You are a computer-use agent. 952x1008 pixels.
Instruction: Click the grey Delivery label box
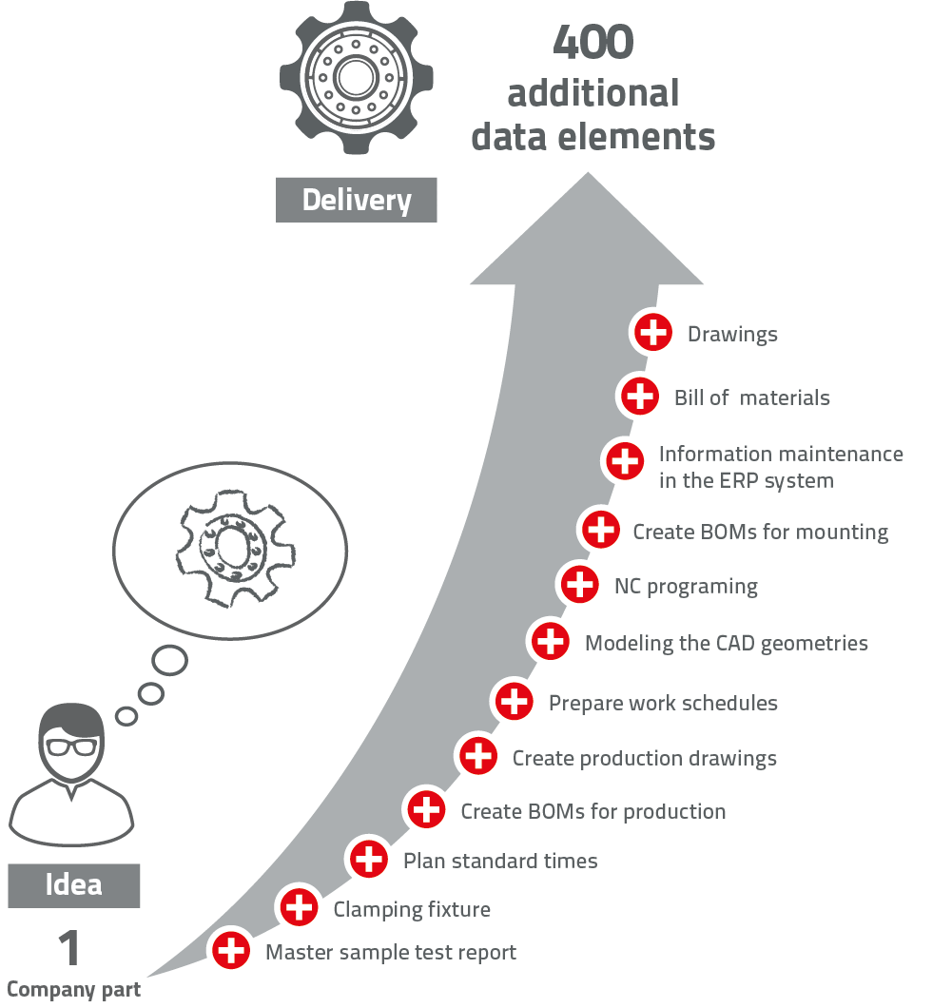click(x=357, y=200)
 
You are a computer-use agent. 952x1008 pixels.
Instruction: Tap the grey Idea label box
click(x=74, y=885)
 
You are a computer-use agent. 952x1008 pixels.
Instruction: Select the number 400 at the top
click(x=593, y=42)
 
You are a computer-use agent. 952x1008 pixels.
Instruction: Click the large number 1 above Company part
click(x=70, y=949)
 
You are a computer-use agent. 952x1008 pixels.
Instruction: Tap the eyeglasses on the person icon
click(x=71, y=746)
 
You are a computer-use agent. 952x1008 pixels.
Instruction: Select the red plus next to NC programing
click(x=579, y=585)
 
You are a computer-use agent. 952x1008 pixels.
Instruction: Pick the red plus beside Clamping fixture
click(x=300, y=907)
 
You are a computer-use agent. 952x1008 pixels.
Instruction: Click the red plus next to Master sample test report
click(x=231, y=950)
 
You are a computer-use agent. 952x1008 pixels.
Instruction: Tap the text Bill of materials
click(x=751, y=397)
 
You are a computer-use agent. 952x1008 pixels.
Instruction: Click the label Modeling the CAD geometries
click(x=726, y=644)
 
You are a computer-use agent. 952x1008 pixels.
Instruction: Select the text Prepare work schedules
click(x=663, y=704)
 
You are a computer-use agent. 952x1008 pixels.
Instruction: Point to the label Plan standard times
click(x=500, y=862)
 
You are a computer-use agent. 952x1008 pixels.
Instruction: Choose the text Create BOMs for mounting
click(x=760, y=533)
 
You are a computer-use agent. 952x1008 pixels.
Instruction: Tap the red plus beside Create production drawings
click(x=477, y=756)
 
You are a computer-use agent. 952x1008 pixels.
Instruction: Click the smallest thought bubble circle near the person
click(x=126, y=715)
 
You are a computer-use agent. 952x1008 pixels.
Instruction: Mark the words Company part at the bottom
click(x=73, y=990)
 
